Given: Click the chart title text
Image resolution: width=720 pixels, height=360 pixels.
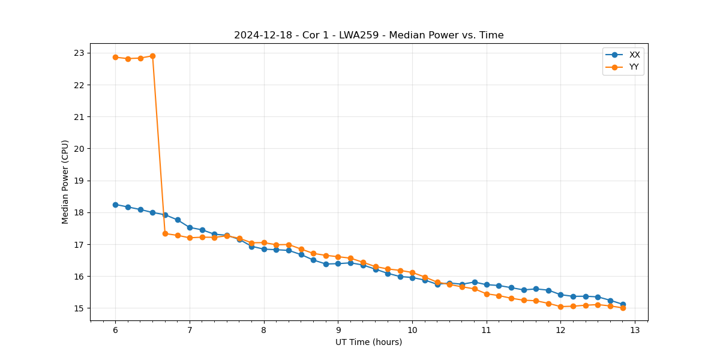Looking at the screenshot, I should [368, 35].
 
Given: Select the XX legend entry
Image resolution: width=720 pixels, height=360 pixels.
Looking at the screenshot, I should [634, 55].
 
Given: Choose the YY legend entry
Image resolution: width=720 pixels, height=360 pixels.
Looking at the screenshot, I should [634, 67].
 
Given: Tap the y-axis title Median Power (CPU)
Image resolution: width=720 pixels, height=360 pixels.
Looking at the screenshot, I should [65, 182].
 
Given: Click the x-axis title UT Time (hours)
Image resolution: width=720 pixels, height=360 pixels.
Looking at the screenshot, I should [368, 342].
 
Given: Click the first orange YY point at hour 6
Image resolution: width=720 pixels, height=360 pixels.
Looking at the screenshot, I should [115, 57].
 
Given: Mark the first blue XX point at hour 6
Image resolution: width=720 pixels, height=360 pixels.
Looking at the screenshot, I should [115, 205].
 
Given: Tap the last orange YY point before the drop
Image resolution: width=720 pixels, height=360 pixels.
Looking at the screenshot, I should [152, 56].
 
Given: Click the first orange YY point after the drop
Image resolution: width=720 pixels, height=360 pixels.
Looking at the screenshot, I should [165, 233].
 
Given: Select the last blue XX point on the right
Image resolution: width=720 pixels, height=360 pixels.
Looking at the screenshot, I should [623, 304].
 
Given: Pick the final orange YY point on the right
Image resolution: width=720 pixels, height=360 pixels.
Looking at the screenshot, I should [623, 308].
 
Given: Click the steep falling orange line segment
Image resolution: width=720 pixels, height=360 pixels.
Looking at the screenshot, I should [159, 145].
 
